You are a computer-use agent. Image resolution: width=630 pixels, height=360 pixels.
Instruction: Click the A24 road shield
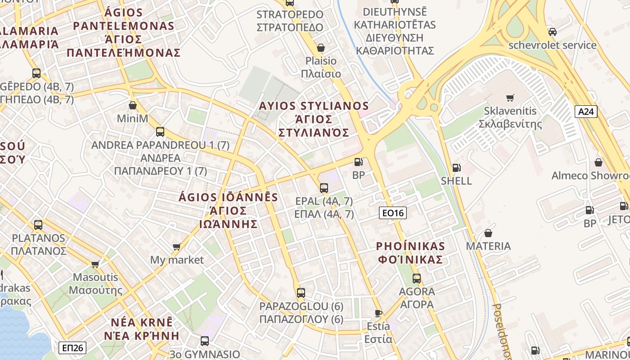(586, 112)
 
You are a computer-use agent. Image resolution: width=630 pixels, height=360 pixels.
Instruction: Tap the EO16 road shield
(392, 213)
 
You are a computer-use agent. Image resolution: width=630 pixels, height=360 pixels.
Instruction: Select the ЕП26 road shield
(72, 347)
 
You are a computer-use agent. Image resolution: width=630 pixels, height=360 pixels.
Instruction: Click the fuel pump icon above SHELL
(456, 168)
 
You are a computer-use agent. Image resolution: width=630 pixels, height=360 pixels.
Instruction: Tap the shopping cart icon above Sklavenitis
(510, 98)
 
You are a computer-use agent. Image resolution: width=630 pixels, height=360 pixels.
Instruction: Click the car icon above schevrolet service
(552, 32)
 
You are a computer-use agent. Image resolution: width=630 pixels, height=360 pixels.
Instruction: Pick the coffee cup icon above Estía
(378, 313)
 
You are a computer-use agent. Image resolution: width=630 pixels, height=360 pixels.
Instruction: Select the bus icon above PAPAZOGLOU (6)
(301, 293)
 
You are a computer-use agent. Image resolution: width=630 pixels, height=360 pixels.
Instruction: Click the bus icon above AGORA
(417, 278)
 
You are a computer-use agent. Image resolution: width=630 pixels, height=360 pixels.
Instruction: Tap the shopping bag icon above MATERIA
(488, 233)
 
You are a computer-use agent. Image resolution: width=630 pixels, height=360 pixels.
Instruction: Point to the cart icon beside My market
(177, 247)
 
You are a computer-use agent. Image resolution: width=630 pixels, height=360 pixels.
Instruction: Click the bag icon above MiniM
(132, 105)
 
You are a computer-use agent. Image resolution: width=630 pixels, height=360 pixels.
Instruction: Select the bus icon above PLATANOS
(38, 225)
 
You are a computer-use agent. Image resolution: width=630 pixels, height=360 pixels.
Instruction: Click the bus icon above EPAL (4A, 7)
(324, 188)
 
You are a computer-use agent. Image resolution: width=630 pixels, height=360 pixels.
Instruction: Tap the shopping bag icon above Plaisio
(321, 47)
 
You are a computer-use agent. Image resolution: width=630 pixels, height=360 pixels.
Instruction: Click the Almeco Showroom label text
(590, 175)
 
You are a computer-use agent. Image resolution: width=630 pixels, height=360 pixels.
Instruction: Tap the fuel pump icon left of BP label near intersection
(358, 162)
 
